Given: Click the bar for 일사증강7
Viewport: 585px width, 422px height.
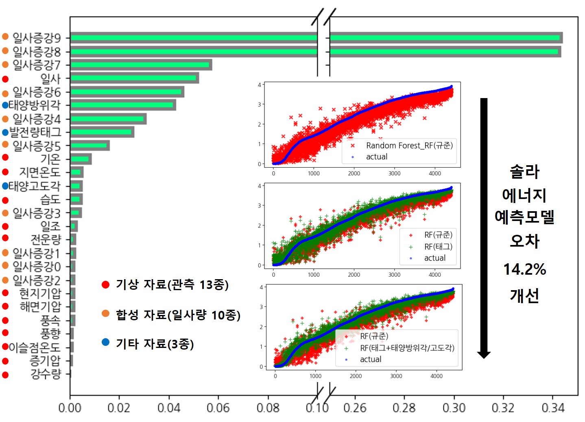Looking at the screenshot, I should [x=140, y=65].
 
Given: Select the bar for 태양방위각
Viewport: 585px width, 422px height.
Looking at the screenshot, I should [x=122, y=105].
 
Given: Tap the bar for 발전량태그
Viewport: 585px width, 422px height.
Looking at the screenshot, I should [x=102, y=132].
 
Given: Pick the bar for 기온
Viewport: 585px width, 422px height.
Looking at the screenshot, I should [x=81, y=159].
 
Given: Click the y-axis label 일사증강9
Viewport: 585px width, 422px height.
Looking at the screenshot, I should [x=36, y=38].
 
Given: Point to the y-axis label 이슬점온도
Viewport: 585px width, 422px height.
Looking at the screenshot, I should [x=34, y=347].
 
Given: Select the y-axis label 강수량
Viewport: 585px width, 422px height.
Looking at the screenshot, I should [x=45, y=374].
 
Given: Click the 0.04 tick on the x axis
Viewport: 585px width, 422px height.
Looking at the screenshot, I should [x=169, y=407].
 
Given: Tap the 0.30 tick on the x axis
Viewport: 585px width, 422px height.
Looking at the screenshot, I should [x=454, y=407].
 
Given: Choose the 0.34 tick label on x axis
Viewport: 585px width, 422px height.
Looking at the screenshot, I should [x=553, y=407].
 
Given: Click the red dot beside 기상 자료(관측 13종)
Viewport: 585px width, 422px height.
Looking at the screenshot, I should [x=106, y=285].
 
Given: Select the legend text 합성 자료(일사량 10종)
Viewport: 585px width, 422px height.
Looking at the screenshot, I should [x=178, y=315].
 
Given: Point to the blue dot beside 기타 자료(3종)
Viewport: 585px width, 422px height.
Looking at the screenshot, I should [x=106, y=342].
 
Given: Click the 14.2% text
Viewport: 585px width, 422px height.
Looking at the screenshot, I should [x=524, y=269].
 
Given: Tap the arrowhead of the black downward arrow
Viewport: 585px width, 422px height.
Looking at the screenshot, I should [x=484, y=354].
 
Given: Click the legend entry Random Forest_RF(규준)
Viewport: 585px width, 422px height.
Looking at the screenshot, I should [x=409, y=146].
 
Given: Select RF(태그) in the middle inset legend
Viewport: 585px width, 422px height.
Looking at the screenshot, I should [x=438, y=247].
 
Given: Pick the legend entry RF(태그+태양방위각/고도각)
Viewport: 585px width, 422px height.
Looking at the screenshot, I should [x=407, y=348].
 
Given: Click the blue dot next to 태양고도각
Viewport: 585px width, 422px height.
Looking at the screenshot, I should [x=5, y=186].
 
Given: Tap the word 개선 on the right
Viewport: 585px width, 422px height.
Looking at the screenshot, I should [x=524, y=296].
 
